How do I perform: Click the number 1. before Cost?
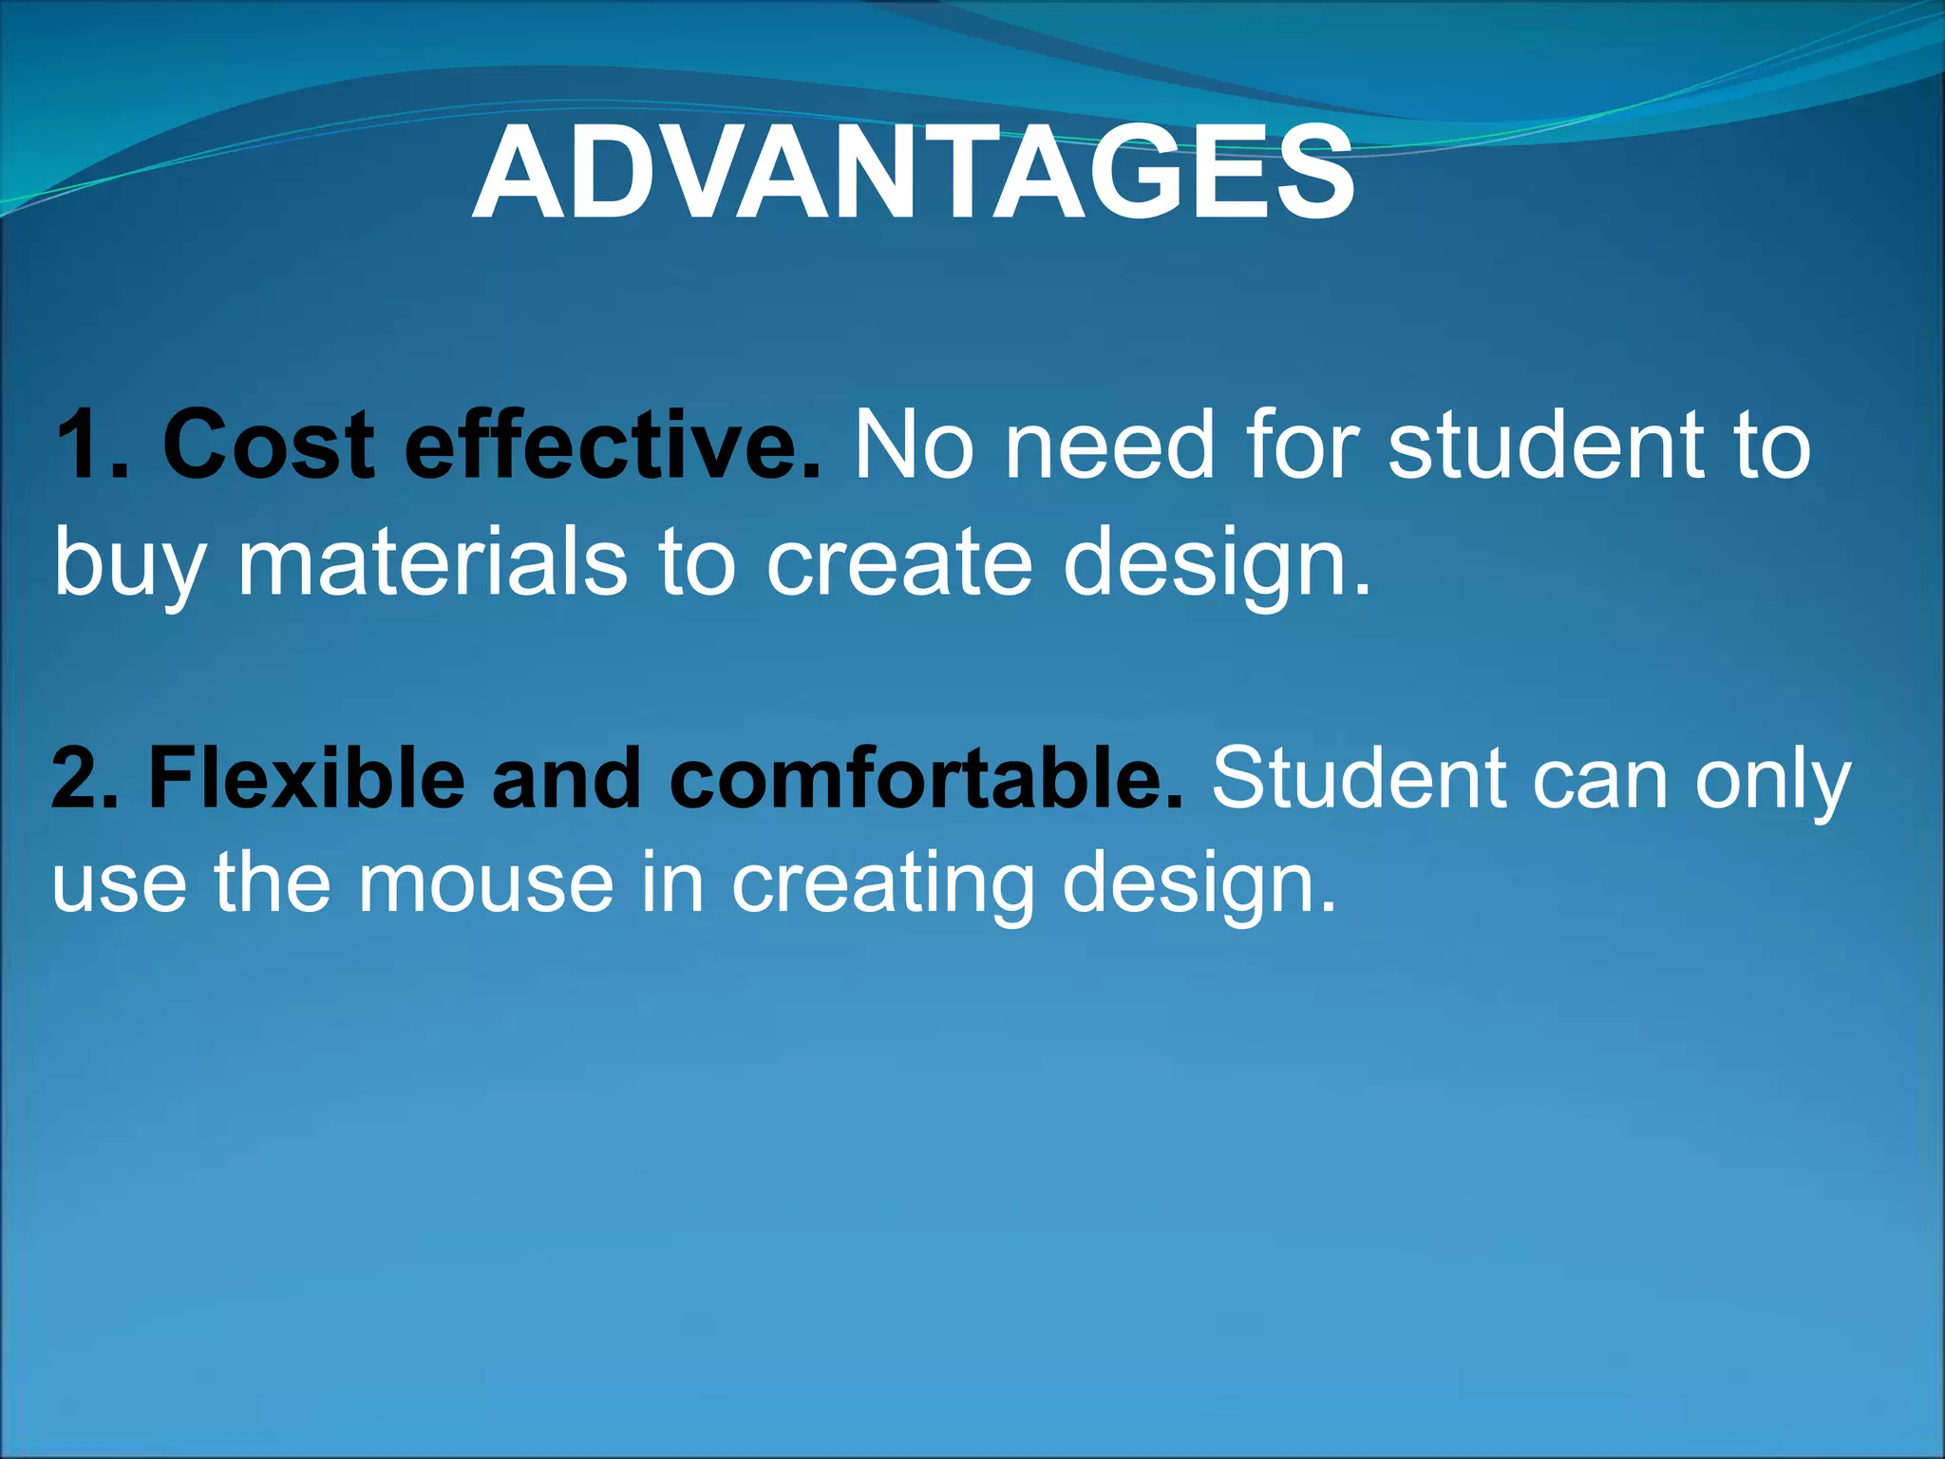click(92, 445)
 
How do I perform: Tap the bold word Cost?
click(269, 445)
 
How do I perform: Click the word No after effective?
click(914, 445)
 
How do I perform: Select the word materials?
click(432, 562)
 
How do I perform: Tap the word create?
click(898, 562)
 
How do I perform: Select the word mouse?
click(485, 883)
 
